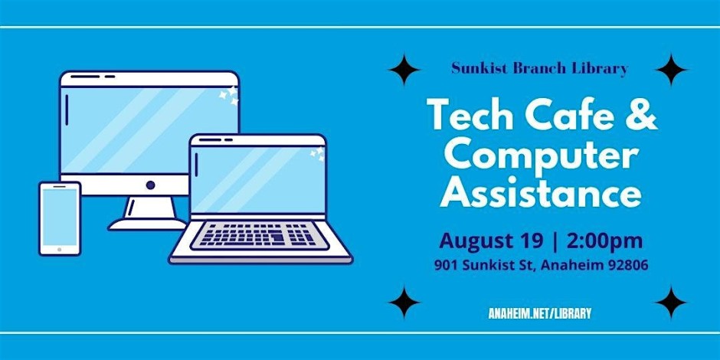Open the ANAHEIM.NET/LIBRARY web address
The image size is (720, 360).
pyautogui.click(x=540, y=313)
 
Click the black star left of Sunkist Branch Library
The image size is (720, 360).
pyautogui.click(x=404, y=70)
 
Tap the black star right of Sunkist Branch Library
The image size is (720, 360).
pyautogui.click(x=671, y=70)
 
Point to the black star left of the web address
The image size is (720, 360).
pyautogui.click(x=404, y=303)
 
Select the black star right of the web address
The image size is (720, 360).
pyautogui.click(x=671, y=303)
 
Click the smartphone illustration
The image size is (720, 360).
pyautogui.click(x=60, y=218)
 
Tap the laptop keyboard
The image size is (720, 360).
pyautogui.click(x=260, y=235)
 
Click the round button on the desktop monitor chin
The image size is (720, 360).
pyautogui.click(x=150, y=185)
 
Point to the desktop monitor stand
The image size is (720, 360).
pyautogui.click(x=148, y=214)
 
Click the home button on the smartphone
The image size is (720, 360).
pyautogui.click(x=59, y=250)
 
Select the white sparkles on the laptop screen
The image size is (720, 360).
pyautogui.click(x=317, y=153)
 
